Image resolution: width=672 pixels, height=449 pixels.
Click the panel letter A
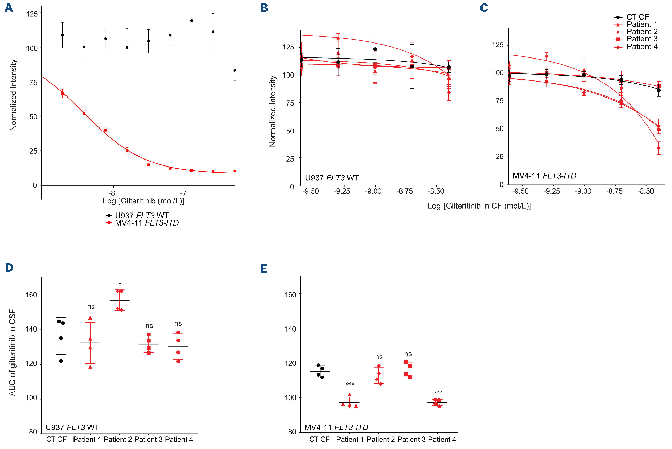click(9, 8)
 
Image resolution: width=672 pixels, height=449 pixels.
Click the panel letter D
click(9, 268)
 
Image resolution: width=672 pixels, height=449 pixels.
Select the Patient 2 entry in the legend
click(642, 32)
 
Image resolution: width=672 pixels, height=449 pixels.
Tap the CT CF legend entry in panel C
click(638, 17)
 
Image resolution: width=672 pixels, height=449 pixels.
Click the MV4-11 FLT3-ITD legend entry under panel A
click(146, 223)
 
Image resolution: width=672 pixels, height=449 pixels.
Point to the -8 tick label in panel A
click(112, 193)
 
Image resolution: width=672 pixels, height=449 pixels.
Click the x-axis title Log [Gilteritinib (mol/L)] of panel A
click(143, 201)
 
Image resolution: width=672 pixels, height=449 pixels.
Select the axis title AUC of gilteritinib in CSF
click(13, 352)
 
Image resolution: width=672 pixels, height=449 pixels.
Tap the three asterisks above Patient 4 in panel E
click(438, 393)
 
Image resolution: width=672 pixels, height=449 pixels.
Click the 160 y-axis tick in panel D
click(31, 295)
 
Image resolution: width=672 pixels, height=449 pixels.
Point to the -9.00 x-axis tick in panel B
click(373, 191)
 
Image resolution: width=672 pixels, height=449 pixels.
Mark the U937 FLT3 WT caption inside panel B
click(332, 178)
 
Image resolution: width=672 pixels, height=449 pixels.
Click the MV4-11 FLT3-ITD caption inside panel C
click(544, 176)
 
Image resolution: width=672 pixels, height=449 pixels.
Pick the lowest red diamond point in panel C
click(658, 148)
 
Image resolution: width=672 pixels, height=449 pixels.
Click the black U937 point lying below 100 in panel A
click(235, 70)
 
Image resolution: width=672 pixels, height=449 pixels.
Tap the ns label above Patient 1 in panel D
click(91, 307)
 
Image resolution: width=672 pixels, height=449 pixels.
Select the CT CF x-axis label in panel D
click(56, 440)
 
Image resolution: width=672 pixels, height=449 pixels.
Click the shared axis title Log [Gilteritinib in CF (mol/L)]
click(479, 206)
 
